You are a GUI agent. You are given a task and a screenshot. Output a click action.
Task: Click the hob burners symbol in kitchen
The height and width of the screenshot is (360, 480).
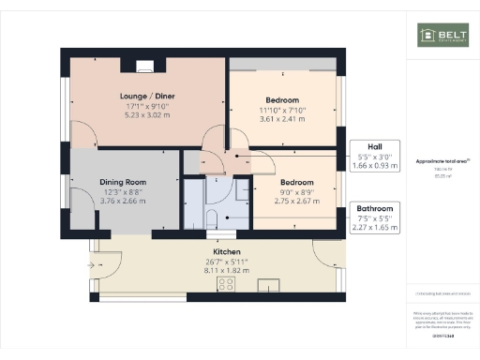tap(226, 283)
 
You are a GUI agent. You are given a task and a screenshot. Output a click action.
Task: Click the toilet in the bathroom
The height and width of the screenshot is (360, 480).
tap(211, 219)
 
